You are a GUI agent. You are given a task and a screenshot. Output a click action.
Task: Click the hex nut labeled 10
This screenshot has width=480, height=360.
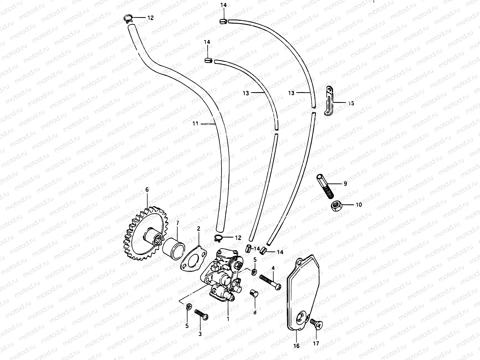coord(335,206)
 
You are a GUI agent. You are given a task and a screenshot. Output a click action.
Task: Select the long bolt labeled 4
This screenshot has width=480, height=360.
coord(270,282)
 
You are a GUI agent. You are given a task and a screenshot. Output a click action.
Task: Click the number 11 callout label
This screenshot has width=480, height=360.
coord(195,123)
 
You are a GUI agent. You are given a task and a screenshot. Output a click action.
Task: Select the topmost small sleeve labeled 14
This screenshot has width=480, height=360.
coord(223,21)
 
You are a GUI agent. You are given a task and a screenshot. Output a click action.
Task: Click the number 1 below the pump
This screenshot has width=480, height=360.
coord(228,319)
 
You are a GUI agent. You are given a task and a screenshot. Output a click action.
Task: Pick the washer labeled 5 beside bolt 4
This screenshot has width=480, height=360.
coord(254,272)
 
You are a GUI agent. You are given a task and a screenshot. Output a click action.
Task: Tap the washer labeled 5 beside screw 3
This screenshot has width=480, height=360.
coord(188,307)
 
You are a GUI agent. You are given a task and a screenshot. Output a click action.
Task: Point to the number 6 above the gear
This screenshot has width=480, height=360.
coord(147,190)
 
